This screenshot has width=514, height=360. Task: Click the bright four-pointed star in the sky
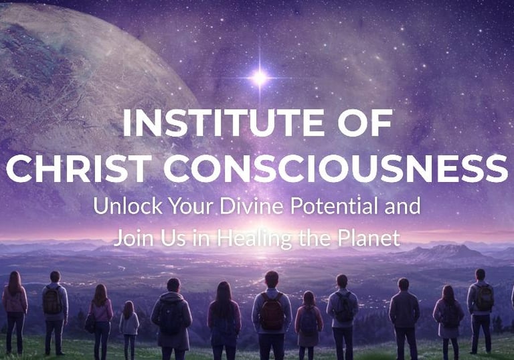tap(260, 78)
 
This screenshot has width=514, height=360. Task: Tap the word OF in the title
tap(365, 123)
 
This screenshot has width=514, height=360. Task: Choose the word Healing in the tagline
tap(254, 239)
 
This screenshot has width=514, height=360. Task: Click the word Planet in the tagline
tap(369, 238)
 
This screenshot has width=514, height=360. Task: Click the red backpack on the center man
tap(272, 311)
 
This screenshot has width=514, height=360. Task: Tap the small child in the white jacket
tap(129, 329)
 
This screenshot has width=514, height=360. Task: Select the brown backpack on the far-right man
tap(484, 297)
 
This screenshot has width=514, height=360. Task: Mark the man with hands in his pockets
tap(404, 319)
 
